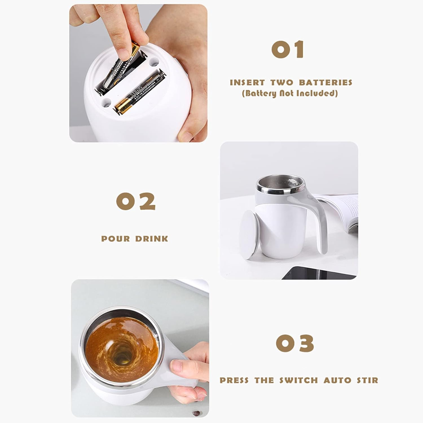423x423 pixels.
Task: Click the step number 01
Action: click(x=288, y=50)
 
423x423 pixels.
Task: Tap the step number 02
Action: click(x=136, y=201)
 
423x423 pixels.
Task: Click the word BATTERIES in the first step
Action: click(x=326, y=83)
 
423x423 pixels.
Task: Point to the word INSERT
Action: click(x=247, y=83)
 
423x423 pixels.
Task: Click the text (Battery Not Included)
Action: click(x=290, y=93)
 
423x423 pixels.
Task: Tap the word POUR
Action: click(x=116, y=239)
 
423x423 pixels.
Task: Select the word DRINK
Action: click(x=152, y=239)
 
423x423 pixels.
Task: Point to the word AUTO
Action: click(x=335, y=380)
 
